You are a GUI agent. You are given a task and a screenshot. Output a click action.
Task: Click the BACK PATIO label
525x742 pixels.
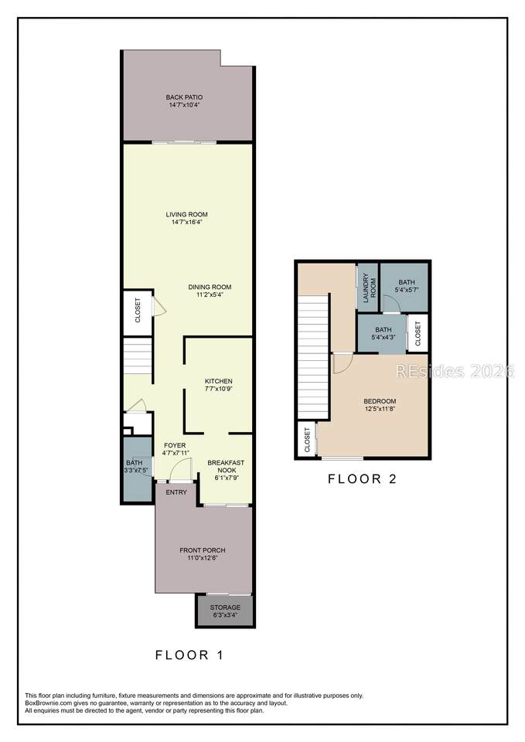point(184,97)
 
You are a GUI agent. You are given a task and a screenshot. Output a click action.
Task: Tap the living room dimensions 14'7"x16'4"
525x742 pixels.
point(187,222)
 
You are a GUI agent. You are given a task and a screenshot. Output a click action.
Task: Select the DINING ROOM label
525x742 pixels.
point(210,287)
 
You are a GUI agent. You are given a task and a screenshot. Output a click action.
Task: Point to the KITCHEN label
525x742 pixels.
point(219,381)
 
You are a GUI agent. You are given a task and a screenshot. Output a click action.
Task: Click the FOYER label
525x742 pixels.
point(175,445)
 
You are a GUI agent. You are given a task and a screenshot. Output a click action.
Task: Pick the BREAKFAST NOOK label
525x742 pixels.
point(227,466)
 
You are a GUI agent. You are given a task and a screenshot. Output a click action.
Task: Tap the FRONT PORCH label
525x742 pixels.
point(203,550)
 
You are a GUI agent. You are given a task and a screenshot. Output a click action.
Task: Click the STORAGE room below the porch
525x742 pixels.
point(225,611)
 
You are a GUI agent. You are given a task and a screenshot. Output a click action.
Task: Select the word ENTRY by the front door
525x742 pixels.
point(176,492)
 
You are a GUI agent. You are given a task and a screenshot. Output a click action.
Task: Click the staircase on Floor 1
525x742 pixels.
point(138,356)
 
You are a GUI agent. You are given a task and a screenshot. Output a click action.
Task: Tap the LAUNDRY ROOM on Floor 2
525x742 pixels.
point(368,288)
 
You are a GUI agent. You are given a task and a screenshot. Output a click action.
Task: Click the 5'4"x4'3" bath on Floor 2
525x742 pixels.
point(382,334)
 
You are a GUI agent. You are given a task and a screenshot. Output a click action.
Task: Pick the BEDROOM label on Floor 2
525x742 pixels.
point(380,401)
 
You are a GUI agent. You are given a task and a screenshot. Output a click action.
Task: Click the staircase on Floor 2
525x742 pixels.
point(313,356)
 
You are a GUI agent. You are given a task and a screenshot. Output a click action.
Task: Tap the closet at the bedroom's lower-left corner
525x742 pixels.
point(307,440)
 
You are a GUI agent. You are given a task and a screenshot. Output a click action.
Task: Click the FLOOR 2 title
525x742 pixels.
point(362,479)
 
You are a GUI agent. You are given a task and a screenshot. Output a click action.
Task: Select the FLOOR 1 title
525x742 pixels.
point(189,655)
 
